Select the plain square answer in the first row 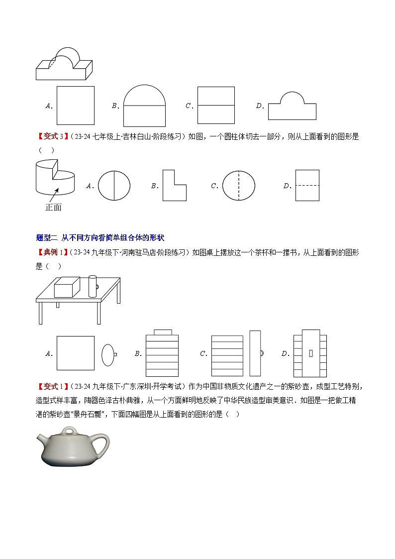[75, 106]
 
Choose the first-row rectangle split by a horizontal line [216, 106]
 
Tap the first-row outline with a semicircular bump [292, 106]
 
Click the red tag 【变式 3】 [52, 137]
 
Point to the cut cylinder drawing [55, 177]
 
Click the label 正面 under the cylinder [53, 207]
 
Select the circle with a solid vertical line [114, 186]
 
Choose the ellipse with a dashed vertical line [238, 186]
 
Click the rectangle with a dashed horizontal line [307, 186]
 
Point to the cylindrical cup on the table [93, 286]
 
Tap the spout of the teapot [40, 438]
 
